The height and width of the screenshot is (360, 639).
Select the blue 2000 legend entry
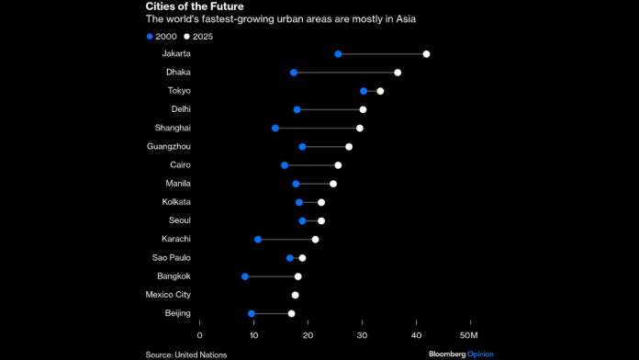[x=163, y=36]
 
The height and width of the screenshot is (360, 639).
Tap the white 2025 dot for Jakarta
[x=426, y=54]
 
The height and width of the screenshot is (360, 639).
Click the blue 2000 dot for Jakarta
[x=338, y=54]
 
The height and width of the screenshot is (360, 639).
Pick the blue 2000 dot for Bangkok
[x=245, y=276]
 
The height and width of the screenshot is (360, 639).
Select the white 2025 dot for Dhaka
[x=398, y=73]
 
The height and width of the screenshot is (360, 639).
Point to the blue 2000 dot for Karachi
[x=258, y=240]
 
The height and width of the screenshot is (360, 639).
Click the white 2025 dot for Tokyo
[x=380, y=91]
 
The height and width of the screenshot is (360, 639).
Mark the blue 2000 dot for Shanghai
[x=275, y=128]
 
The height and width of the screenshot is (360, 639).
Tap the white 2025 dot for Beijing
[x=292, y=313]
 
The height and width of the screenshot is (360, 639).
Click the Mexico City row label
[x=168, y=295]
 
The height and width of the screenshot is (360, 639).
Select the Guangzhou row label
[x=169, y=146]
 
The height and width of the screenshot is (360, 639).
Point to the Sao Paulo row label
[x=170, y=258]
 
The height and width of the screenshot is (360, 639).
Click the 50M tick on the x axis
[x=470, y=334]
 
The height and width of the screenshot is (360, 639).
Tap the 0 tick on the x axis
[x=199, y=334]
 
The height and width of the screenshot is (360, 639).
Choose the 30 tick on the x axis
[x=362, y=334]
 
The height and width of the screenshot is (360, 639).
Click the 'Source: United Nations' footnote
[x=185, y=354]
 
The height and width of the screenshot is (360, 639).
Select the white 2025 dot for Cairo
[x=338, y=165]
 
